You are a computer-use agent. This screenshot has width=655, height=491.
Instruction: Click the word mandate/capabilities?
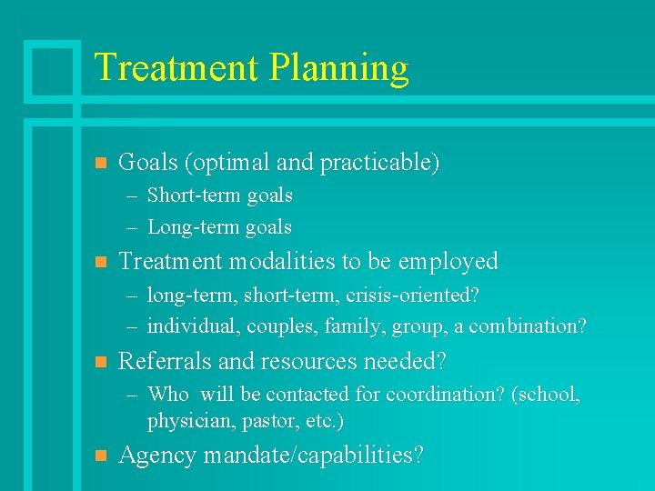[x=314, y=456]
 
